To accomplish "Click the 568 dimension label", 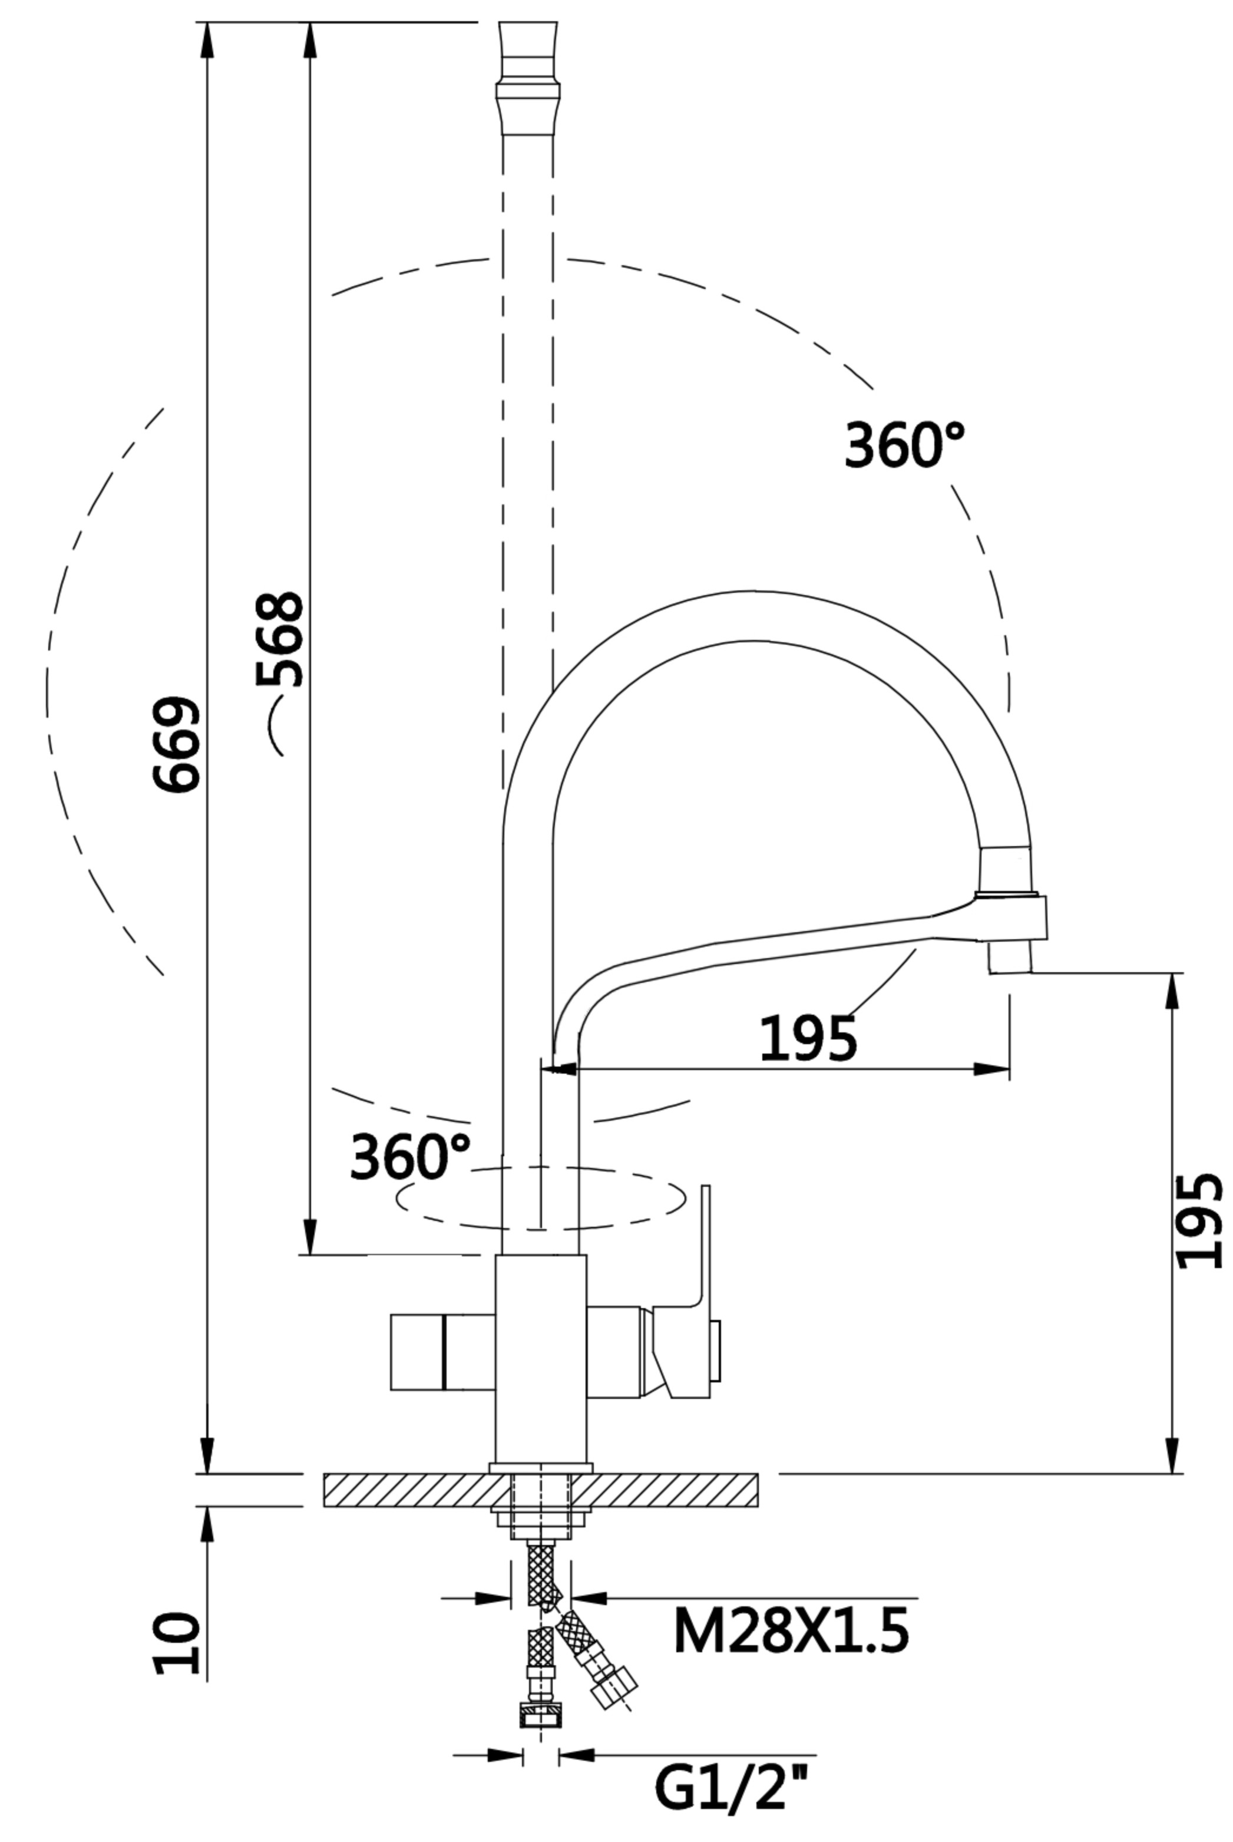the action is coord(280,639).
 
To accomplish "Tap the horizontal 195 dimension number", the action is coord(808,1038).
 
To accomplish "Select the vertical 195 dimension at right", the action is coord(1199,1222).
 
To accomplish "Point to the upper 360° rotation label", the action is coord(904,445).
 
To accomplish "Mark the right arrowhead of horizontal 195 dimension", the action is coord(991,1069).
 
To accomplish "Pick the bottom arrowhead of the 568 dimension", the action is coord(310,1237).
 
